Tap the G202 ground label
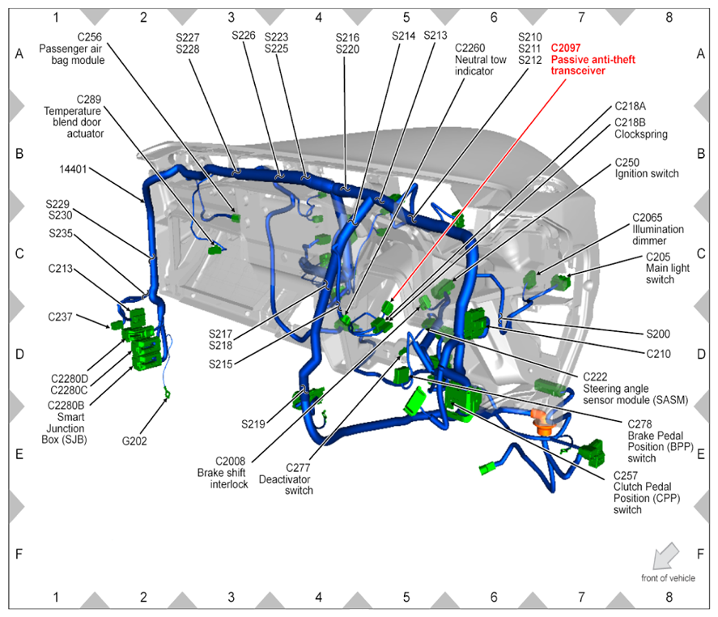click(134, 441)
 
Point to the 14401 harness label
click(73, 169)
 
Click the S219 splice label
click(253, 424)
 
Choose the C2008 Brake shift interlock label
click(223, 472)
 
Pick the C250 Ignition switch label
click(646, 168)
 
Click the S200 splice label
click(658, 334)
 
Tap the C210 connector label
click(658, 354)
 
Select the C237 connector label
click(60, 317)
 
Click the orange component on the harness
click(542, 422)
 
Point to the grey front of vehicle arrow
click(665, 555)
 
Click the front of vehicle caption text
click(668, 578)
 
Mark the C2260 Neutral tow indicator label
click(480, 60)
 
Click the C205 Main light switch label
click(668, 268)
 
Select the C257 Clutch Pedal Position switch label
click(647, 492)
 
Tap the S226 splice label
click(244, 36)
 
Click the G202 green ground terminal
click(168, 393)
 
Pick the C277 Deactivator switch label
click(286, 479)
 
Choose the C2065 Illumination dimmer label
click(658, 229)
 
